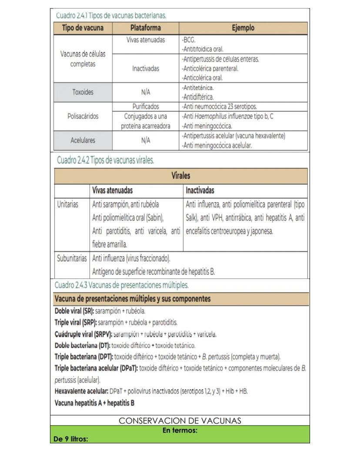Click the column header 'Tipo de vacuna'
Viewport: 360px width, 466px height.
tap(83, 28)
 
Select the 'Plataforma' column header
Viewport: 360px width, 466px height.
tap(146, 28)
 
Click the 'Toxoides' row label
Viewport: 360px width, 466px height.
tap(83, 92)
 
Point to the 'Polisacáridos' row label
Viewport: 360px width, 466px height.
tap(83, 116)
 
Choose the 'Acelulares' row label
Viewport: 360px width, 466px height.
tap(83, 141)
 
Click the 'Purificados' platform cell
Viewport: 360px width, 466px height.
tap(146, 107)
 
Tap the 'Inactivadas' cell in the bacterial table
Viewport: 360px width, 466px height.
tap(146, 68)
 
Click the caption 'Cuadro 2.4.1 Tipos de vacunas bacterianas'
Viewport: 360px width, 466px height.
tap(111, 16)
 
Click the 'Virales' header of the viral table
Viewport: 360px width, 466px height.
tap(181, 176)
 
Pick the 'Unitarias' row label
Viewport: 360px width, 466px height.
tap(68, 204)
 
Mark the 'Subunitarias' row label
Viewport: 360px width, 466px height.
tap(72, 258)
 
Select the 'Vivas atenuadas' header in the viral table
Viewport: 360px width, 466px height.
tap(113, 191)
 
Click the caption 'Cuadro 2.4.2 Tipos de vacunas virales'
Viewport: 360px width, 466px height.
tap(106, 160)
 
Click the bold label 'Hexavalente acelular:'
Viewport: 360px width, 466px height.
tap(81, 391)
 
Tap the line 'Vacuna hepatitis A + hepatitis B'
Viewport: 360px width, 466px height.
tap(94, 403)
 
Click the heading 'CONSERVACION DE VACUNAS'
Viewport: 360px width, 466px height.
tap(180, 421)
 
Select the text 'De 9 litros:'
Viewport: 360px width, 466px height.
tap(70, 439)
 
